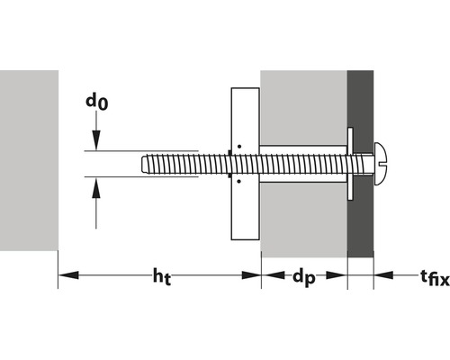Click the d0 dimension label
96,103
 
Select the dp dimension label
303,280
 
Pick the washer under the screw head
350,164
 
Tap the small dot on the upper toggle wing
239,146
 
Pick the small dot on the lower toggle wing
239,181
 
